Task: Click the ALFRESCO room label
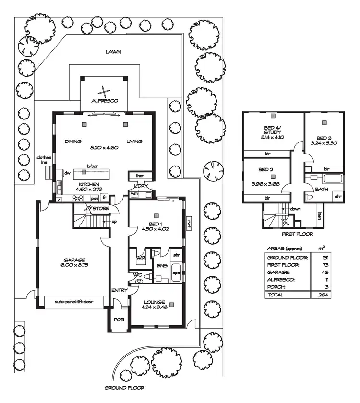click(105, 101)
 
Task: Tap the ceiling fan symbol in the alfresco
click(105, 90)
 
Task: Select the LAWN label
click(114, 52)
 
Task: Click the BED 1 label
click(157, 223)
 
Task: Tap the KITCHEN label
click(89, 184)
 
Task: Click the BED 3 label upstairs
click(324, 137)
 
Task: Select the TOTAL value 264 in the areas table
click(323, 295)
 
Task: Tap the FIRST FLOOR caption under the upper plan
click(298, 234)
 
